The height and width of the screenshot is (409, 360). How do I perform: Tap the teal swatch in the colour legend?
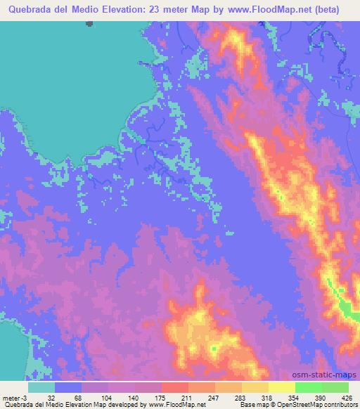[x=41, y=387]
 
